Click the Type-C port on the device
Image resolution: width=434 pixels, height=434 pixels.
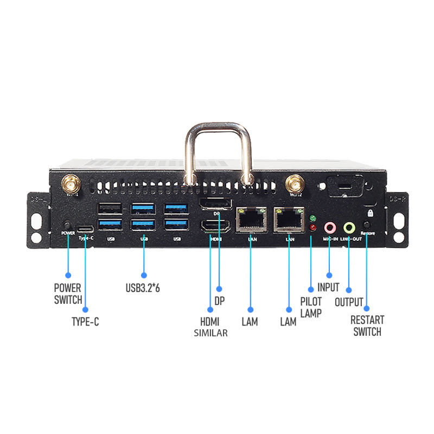click(85, 227)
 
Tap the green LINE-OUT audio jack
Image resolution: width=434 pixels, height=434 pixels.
click(349, 227)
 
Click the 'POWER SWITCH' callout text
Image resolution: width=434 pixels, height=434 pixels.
click(68, 293)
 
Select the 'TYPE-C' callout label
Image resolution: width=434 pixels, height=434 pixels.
click(85, 321)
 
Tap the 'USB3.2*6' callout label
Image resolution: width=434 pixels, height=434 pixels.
click(143, 288)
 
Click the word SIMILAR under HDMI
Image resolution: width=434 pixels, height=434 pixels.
click(210, 333)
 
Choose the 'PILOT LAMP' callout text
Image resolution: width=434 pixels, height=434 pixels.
click(311, 307)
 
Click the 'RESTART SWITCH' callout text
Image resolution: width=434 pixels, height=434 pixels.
click(367, 326)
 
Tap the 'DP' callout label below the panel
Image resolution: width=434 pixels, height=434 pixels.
click(220, 300)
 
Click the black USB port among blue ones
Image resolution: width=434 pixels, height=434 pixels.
click(108, 208)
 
